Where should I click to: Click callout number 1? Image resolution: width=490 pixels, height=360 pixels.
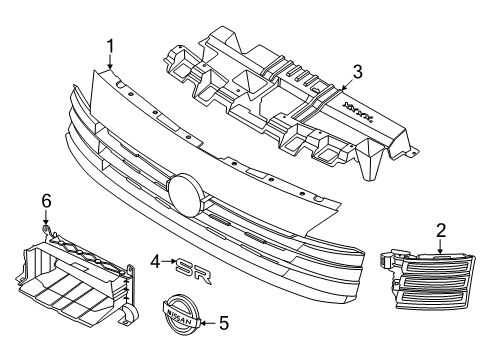(x=111, y=45)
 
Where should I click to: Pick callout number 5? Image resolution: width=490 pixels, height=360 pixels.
(x=224, y=323)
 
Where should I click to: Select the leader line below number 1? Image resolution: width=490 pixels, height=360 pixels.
(x=111, y=60)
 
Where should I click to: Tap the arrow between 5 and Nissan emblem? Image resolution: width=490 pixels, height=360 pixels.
(x=206, y=323)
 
